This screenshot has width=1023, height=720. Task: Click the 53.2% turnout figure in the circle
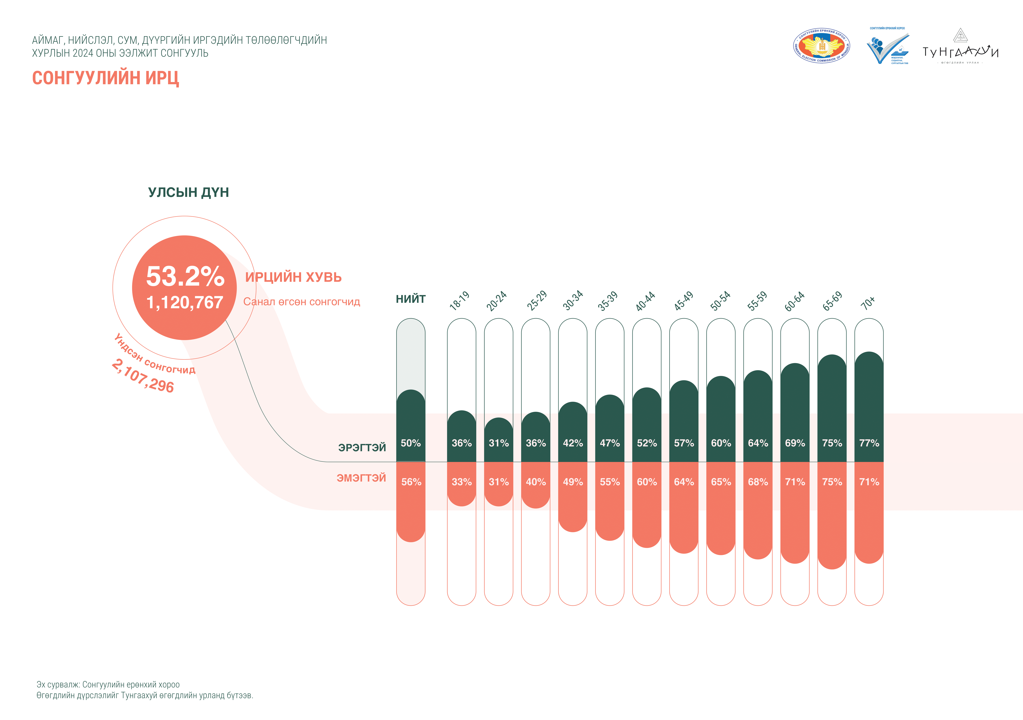click(185, 276)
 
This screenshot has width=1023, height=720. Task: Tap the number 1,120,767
click(185, 302)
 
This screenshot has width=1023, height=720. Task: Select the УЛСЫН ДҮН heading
click(188, 192)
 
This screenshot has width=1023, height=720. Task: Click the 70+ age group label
click(868, 303)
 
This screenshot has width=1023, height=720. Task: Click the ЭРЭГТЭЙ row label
click(362, 447)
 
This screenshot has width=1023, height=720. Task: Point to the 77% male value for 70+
click(869, 443)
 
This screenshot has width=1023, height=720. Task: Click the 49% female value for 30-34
click(572, 482)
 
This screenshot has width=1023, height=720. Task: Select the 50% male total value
click(410, 443)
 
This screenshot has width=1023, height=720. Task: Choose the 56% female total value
click(411, 482)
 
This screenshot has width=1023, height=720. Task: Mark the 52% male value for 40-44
click(646, 443)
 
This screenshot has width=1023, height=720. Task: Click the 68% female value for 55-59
click(757, 482)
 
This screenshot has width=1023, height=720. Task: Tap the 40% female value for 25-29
click(536, 482)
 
